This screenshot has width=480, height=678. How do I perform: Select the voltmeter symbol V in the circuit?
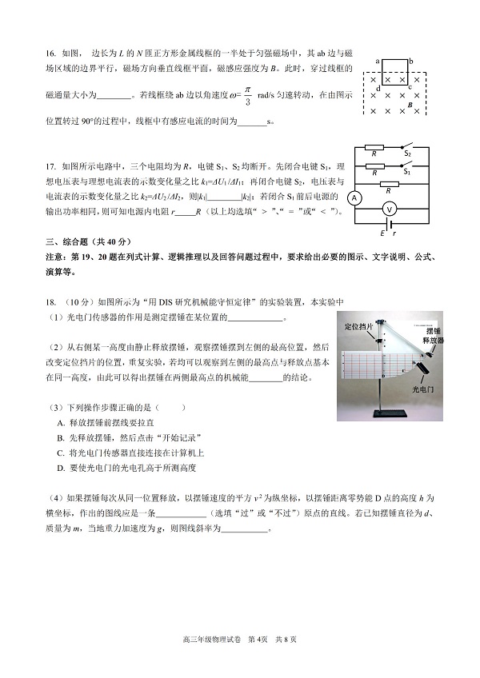[x=390, y=208]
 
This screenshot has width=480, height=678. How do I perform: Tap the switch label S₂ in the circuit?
[x=407, y=153]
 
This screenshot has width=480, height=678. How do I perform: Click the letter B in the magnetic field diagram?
[x=410, y=105]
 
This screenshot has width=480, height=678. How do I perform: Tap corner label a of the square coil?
[x=376, y=61]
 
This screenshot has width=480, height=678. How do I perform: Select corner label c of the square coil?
[x=410, y=87]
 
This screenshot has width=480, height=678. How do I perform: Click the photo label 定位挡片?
[x=358, y=327]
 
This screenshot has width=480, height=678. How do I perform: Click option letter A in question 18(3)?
[x=61, y=421]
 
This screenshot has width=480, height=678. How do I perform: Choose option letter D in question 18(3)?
[x=61, y=467]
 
